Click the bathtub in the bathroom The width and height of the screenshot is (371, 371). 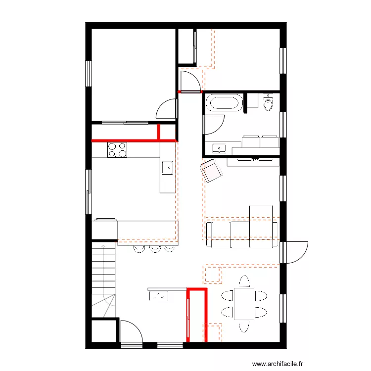coord(224,103)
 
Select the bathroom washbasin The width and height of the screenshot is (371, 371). coord(219,147)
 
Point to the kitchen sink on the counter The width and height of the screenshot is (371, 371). coord(168,168)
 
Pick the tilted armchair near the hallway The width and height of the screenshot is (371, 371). coord(212,171)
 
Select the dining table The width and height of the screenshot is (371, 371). coord(244,303)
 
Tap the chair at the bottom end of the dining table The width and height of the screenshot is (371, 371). coord(243,326)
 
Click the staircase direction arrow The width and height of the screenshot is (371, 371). coord(103,245)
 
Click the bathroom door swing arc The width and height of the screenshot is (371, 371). coord(215,125)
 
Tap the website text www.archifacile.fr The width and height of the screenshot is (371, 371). coord(278,364)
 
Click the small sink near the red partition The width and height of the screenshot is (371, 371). coord(159,296)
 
